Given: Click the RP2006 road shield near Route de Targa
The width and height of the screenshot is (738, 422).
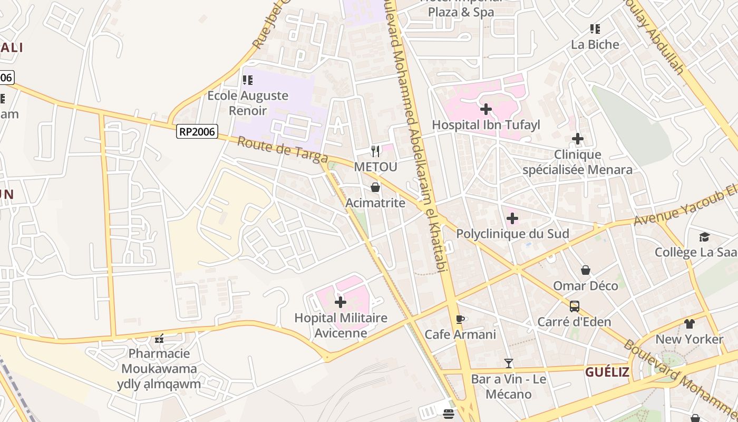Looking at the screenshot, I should click(x=197, y=131).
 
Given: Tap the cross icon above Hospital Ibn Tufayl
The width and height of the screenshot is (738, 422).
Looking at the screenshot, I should click(x=486, y=109).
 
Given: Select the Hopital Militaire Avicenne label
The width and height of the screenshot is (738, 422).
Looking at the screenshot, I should click(x=341, y=325).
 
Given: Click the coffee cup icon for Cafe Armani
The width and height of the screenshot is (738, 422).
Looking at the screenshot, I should click(x=460, y=319).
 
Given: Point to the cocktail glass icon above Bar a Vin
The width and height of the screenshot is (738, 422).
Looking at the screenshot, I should click(x=509, y=363).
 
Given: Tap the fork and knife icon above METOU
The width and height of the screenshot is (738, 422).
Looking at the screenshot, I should click(x=375, y=151).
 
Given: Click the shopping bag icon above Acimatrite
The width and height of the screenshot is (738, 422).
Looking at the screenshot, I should click(x=375, y=187).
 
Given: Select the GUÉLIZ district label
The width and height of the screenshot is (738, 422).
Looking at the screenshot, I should click(x=607, y=372).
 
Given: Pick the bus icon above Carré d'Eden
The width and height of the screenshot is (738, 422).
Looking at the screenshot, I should click(x=575, y=306).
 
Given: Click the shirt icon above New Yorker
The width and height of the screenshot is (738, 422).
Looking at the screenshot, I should click(x=690, y=323).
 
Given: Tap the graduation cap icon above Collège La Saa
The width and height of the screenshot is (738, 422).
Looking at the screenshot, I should click(x=704, y=237).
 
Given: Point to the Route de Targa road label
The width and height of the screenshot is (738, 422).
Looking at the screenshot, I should click(x=282, y=150).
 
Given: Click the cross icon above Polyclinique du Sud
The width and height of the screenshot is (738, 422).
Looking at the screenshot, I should click(x=512, y=218).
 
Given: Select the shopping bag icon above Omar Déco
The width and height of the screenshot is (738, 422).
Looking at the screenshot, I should click(x=586, y=270).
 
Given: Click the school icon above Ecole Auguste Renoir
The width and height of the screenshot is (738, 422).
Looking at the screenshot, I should click(x=247, y=80).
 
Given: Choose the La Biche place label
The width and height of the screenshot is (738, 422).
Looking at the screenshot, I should click(x=595, y=44).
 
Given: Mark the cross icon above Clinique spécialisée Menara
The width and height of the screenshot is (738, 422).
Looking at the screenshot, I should click(x=578, y=139).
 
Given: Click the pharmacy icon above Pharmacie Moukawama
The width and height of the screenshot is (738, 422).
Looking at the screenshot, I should click(x=159, y=338).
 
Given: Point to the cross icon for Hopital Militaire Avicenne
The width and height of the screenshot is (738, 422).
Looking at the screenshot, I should click(x=341, y=302).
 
